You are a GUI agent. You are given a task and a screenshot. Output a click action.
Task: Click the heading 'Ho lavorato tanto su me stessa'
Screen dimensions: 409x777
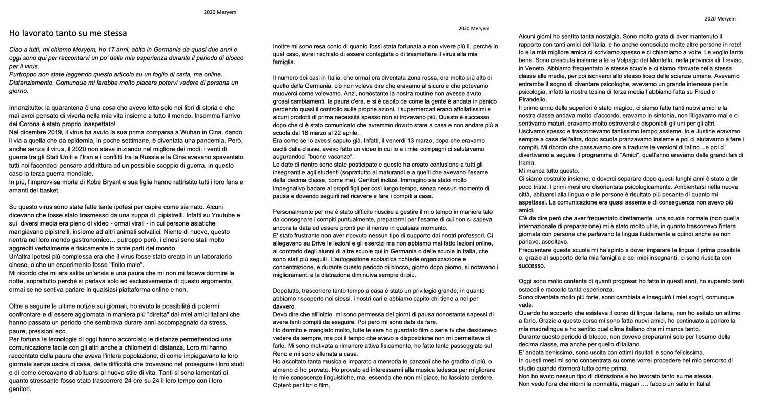tap(68, 33)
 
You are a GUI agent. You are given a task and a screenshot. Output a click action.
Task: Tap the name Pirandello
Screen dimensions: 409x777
tap(533, 100)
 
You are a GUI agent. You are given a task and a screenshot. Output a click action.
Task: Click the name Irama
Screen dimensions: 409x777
tap(527, 163)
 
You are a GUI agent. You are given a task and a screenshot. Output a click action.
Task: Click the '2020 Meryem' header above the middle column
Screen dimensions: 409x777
tap(474, 29)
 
